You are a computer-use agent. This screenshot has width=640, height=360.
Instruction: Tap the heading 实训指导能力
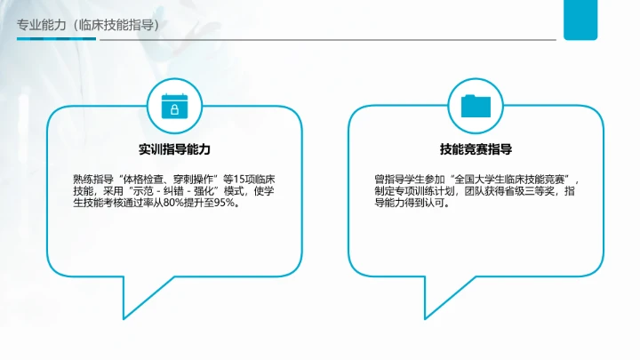coord(174,149)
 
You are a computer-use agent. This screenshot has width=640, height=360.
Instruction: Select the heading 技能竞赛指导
coord(476,149)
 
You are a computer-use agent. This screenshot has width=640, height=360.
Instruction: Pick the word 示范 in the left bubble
coord(145,190)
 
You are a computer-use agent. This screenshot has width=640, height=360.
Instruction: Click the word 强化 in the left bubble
coord(200,190)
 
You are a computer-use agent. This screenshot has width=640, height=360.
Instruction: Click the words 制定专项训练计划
coord(411,190)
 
